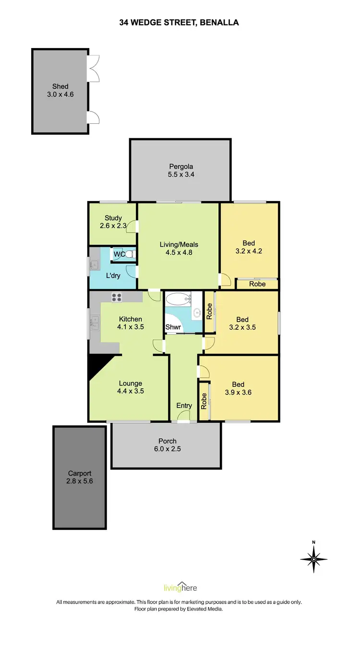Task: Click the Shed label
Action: coord(60,86)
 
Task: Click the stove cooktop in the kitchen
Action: coord(117,298)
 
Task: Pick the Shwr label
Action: coord(173,328)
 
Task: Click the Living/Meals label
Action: coord(179,244)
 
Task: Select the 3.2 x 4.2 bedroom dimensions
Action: coord(249,251)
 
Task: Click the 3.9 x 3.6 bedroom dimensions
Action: coord(238,392)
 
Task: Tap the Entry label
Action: coord(184,406)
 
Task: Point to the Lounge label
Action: coord(131,383)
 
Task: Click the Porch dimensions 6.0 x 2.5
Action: coord(167,449)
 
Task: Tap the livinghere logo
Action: coord(180,588)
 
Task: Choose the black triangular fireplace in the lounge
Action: coord(98,366)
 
